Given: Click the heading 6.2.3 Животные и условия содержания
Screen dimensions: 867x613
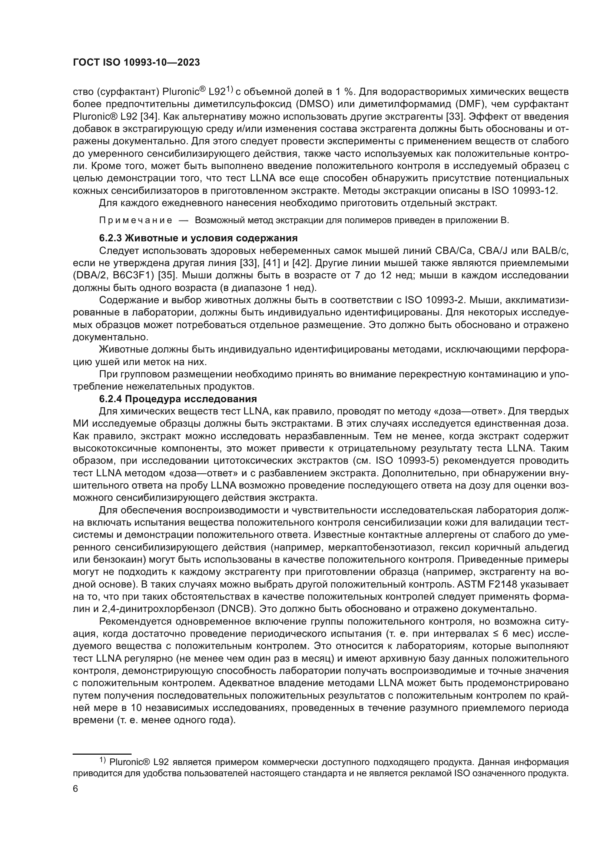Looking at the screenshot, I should pyautogui.click(x=198, y=238).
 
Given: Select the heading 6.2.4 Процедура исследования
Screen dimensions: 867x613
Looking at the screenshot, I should pyautogui.click(x=178, y=399).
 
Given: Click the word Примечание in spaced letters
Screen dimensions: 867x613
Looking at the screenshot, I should pyautogui.click(x=136, y=221).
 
